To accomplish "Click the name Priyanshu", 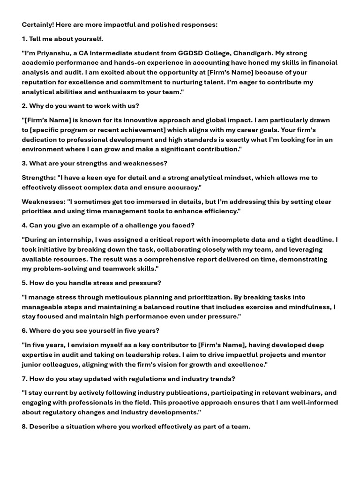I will [x=53, y=53].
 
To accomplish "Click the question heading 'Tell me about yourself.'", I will [x=66, y=38].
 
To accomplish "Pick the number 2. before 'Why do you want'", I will [x=25, y=106].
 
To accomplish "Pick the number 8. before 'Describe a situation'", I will [x=25, y=427].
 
